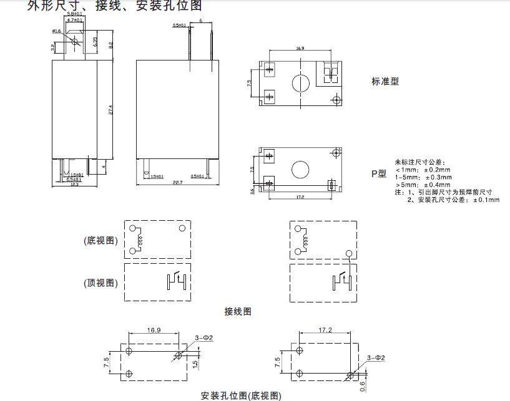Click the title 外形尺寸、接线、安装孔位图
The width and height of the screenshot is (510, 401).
tap(115, 6)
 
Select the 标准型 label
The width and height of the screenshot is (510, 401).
tap(385, 81)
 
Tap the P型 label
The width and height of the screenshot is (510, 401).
tap(379, 173)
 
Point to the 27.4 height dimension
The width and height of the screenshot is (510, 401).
tap(110, 110)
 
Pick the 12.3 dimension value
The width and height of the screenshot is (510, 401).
tap(74, 183)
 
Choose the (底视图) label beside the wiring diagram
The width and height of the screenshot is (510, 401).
tap(100, 241)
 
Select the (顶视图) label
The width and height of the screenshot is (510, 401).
tap(100, 283)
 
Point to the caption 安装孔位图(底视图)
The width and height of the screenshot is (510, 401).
tap(241, 395)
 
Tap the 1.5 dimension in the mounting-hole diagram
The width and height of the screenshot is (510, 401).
tap(195, 363)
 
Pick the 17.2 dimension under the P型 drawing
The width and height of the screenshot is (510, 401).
tap(299, 197)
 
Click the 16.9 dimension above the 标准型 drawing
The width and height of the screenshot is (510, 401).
tap(300, 48)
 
